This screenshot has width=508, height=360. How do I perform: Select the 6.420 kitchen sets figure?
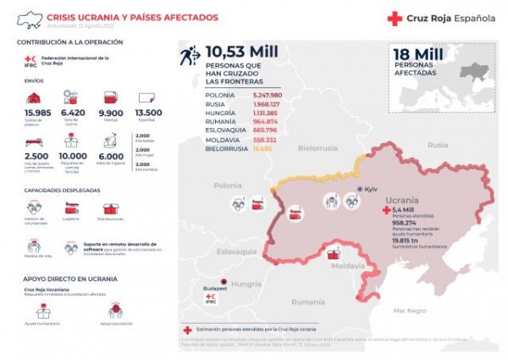[74, 113]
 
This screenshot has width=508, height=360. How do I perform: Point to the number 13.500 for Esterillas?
[148, 113]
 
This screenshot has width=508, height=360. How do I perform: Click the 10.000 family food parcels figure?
[74, 157]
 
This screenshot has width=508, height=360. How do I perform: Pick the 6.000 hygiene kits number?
[110, 157]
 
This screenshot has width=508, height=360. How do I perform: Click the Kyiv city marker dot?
[359, 189]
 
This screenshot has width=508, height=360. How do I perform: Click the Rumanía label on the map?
[307, 302]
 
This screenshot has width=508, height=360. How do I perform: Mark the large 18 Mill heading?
[420, 54]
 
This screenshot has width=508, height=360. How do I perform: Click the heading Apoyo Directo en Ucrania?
[58, 278]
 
